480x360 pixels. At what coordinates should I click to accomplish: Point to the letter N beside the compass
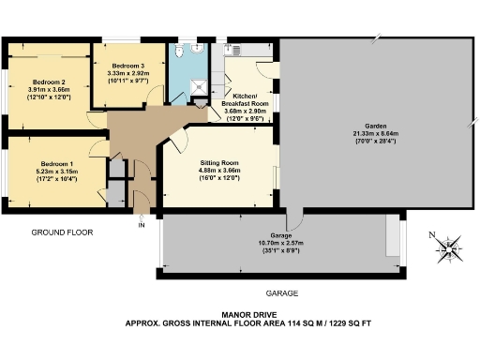pos(430,235)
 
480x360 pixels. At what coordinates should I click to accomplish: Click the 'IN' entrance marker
pos(142,226)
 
